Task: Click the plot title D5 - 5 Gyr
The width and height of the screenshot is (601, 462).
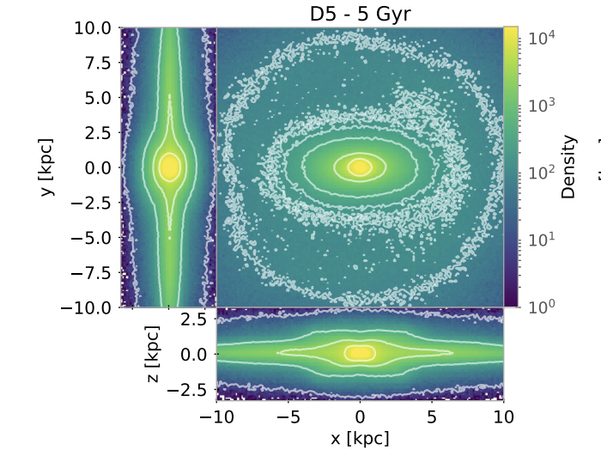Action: point(361,15)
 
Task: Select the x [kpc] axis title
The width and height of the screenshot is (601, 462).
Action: point(360,439)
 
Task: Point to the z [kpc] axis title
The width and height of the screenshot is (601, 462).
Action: point(153,353)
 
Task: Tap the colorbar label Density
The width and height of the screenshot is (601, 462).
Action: point(568,167)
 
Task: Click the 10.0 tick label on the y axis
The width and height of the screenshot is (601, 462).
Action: point(92,27)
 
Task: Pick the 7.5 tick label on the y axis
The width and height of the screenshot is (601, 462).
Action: point(96,63)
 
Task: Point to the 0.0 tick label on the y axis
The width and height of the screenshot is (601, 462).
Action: point(96,167)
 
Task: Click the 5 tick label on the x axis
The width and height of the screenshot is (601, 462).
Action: point(432,417)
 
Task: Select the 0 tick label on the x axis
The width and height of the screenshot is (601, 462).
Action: point(361,417)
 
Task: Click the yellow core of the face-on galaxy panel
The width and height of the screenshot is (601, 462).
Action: point(361,167)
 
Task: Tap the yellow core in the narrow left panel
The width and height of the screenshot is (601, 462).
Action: point(169,166)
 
